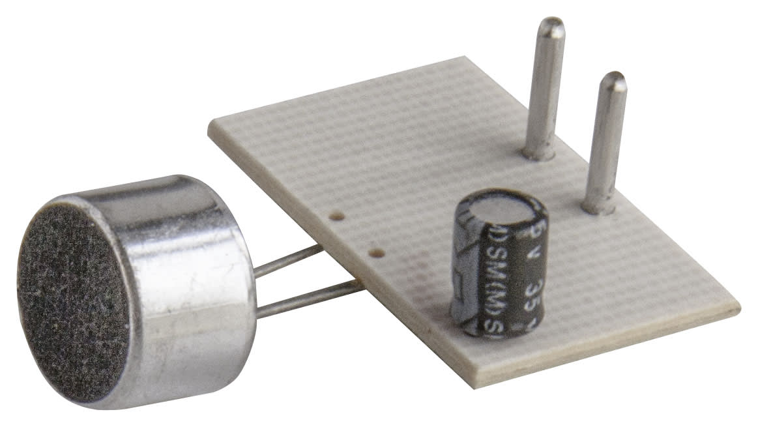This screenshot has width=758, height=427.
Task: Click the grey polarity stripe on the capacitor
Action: click(463, 274)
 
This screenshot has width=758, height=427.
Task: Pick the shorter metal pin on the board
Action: click(605, 143)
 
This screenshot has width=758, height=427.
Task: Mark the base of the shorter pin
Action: click(598, 207)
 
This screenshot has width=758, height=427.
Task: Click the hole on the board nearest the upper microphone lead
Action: click(337, 216)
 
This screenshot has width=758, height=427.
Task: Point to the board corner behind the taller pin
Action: click(479, 58)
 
